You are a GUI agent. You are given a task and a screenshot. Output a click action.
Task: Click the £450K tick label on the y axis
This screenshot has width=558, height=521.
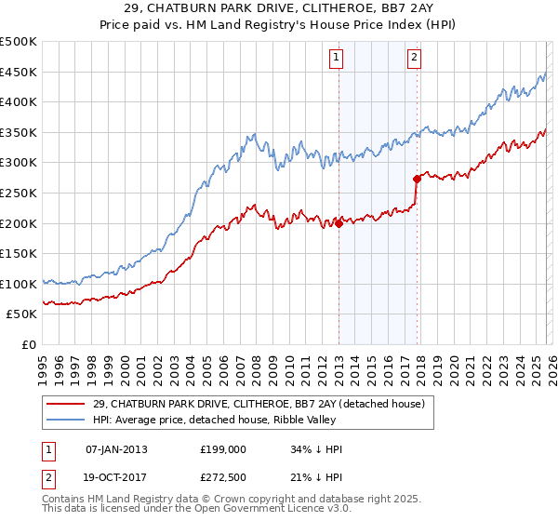19,72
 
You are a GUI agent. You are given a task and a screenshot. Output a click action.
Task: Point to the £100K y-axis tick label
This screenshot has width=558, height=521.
19,284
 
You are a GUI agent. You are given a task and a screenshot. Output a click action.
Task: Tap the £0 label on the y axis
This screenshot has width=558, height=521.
28,344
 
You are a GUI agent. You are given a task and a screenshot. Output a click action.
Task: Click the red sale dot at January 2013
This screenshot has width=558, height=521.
339,223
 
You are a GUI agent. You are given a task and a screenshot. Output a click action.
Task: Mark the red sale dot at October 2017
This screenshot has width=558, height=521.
417,179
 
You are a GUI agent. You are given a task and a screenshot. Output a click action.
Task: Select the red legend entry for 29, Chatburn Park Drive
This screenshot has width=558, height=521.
259,404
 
